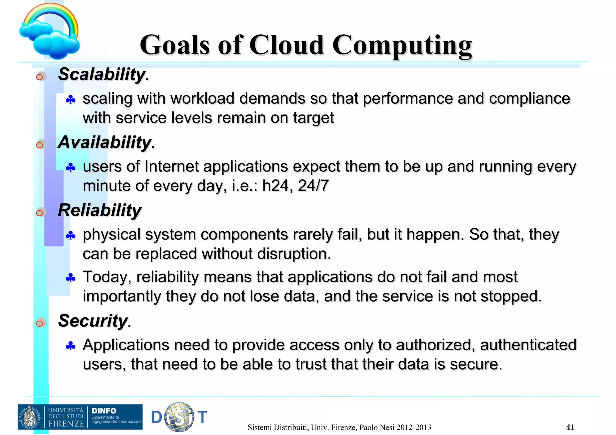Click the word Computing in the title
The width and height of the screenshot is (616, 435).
[x=402, y=45]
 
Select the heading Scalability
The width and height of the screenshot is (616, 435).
[x=102, y=74]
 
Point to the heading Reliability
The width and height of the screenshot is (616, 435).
[x=100, y=210]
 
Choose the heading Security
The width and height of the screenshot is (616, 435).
[x=93, y=321]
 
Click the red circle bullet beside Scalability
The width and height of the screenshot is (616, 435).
[x=39, y=77]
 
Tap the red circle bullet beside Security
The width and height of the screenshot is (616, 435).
[x=39, y=324]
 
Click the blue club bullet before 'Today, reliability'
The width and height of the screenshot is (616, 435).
[x=70, y=278]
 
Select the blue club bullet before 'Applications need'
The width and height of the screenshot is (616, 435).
[x=70, y=346]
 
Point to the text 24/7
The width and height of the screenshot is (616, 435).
[x=313, y=186]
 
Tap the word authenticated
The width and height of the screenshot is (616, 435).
[x=528, y=345]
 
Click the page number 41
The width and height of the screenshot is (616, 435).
[x=570, y=427]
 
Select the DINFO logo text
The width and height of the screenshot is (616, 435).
[x=104, y=411]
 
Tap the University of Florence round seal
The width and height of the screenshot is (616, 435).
[x=30, y=417]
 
